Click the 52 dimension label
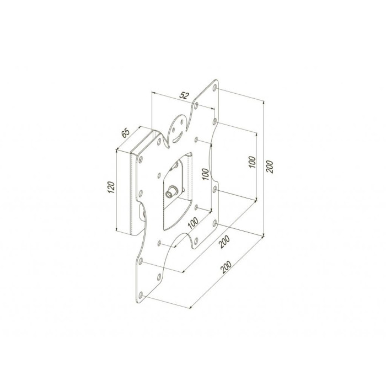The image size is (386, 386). coord(184,95)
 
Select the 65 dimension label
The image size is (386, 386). coord(126,133)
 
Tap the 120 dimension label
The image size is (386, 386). coord(111,187)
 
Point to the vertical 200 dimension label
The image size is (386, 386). coord(270,167)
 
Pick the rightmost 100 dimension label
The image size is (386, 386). coord(253,162)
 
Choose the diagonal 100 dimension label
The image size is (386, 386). coord(193,223)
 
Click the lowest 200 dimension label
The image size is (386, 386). coord(226,267)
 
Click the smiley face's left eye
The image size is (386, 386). coord(174,130)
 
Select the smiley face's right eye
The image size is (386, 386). coord(182,122)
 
